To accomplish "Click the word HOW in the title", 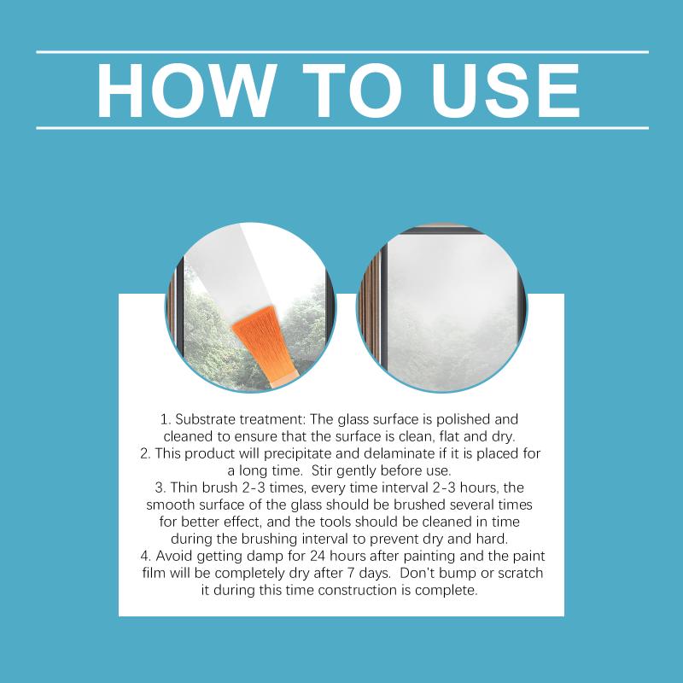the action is point(187,90).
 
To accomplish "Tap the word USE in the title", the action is point(505,90).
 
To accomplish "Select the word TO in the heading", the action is point(353,90).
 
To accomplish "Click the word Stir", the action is point(322,470).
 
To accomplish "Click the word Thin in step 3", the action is point(184,487).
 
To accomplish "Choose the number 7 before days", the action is point(351,573).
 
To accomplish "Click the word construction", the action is point(358,591).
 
